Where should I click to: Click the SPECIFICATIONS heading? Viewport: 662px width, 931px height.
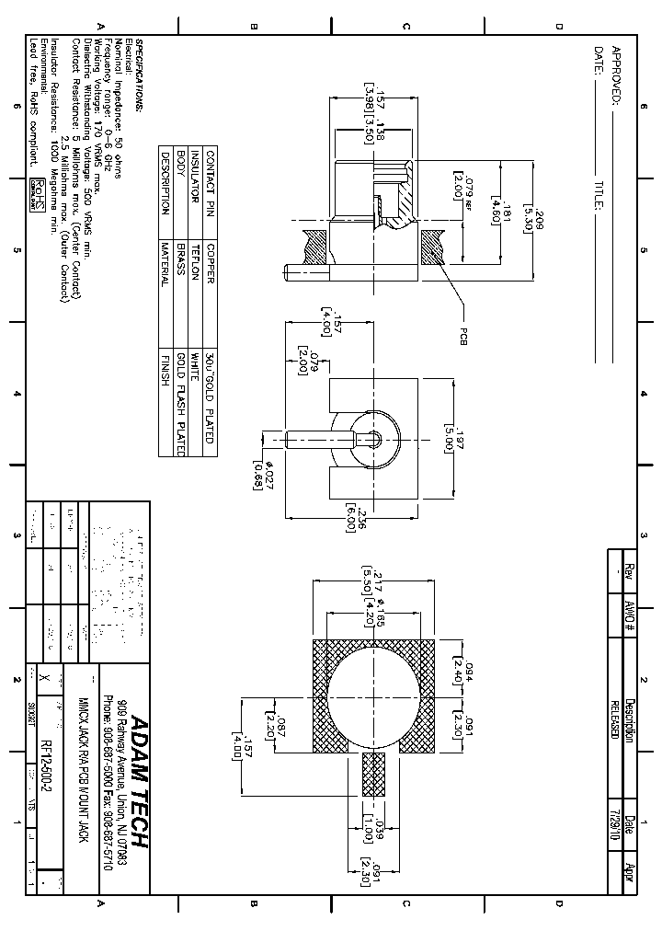click(x=140, y=75)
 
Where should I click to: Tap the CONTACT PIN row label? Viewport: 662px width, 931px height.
click(x=211, y=183)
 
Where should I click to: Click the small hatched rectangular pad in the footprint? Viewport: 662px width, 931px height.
click(x=373, y=775)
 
